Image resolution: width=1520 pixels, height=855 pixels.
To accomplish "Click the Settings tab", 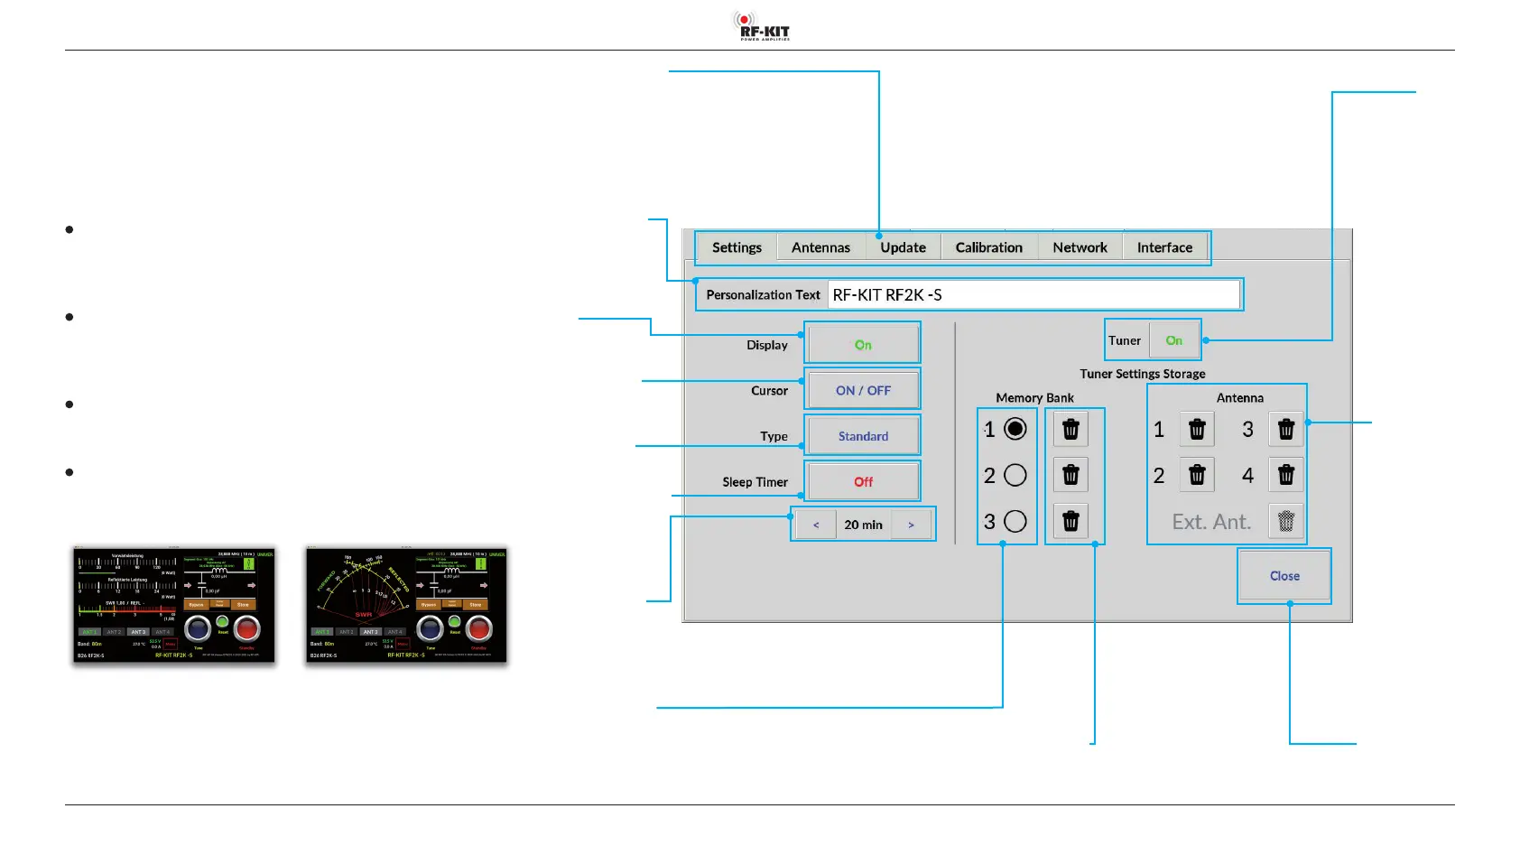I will (737, 247).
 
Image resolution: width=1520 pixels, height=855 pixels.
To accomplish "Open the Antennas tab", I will (820, 247).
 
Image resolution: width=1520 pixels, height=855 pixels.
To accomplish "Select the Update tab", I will (903, 247).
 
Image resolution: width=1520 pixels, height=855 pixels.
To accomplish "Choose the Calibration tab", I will (988, 247).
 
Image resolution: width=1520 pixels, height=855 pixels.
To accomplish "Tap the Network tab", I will (1080, 247).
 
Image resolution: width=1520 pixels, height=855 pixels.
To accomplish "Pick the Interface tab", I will (1164, 247).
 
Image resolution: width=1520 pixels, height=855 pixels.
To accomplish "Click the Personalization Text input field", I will (1033, 295).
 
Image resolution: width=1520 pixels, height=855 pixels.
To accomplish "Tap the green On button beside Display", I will (863, 345).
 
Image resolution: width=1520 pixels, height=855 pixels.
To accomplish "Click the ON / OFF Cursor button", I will (863, 391).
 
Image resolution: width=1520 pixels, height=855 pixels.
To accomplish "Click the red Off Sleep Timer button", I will (863, 482).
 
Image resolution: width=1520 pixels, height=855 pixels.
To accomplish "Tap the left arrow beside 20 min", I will (816, 525).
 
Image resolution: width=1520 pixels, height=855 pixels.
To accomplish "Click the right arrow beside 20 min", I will (911, 525).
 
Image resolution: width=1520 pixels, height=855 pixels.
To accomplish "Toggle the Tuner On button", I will (1173, 340).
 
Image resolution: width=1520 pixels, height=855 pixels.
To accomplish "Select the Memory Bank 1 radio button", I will (1015, 429).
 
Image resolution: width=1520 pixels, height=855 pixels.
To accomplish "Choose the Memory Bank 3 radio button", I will (1015, 521).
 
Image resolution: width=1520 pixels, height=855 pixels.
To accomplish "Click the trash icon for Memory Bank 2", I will (1070, 475).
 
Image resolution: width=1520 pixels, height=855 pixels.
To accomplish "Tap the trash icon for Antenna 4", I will (1286, 475).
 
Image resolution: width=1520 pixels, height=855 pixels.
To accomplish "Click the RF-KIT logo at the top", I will (761, 26).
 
